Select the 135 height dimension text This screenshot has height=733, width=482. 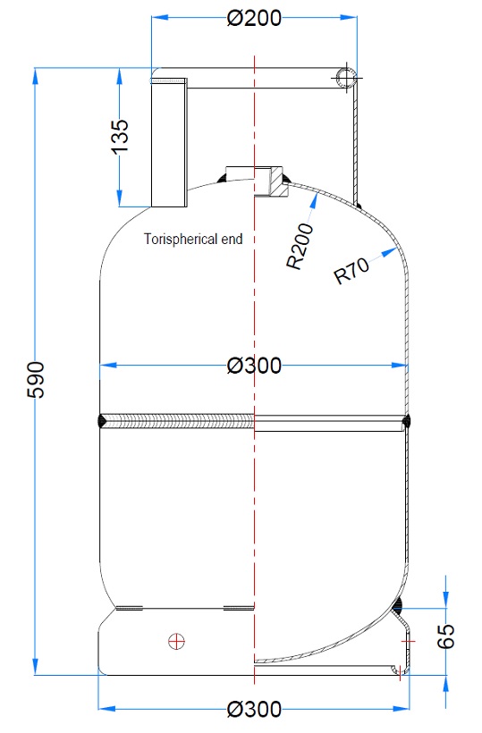coord(123,136)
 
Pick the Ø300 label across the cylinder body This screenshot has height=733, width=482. coord(254,366)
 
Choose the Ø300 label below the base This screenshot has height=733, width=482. coord(254,710)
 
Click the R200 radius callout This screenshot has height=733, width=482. coord(300,248)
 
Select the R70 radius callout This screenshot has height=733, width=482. coord(351,270)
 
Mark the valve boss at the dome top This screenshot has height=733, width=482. coord(255,179)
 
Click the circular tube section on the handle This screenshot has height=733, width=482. coord(345,78)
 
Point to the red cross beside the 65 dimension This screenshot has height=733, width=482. coord(410,642)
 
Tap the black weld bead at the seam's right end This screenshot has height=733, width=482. coord(407,421)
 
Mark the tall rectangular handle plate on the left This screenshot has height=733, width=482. coord(168,142)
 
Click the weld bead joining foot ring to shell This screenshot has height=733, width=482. coord(397,609)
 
